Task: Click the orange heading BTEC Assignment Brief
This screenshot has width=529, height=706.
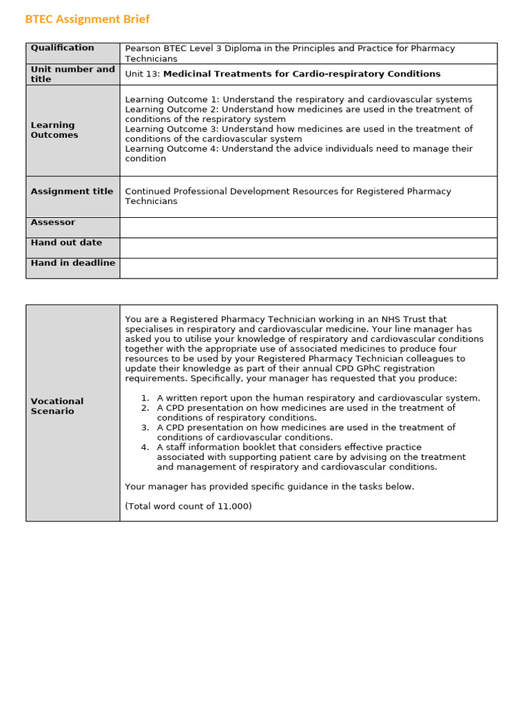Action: (x=87, y=19)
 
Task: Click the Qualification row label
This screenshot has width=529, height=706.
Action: (x=63, y=48)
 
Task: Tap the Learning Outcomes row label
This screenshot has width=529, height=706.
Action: (x=54, y=130)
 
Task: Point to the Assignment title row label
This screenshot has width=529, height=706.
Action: (x=72, y=192)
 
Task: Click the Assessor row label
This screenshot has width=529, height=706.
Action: (x=53, y=223)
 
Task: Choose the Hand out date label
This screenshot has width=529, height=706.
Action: (x=66, y=243)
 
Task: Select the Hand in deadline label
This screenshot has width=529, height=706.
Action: (x=72, y=263)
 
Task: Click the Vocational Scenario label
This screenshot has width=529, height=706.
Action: (x=57, y=406)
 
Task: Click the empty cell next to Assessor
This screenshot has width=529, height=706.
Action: (x=308, y=228)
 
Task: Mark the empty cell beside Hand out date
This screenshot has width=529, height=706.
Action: (x=308, y=248)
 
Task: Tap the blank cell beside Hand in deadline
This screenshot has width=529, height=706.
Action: (x=308, y=268)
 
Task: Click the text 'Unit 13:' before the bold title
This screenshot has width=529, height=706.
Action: (x=143, y=74)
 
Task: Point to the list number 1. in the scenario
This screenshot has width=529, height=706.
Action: (x=145, y=398)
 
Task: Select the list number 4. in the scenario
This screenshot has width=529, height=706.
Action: (x=145, y=447)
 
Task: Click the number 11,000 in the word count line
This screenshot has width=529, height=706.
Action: (x=234, y=506)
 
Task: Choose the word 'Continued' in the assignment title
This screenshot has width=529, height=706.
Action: (x=147, y=192)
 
